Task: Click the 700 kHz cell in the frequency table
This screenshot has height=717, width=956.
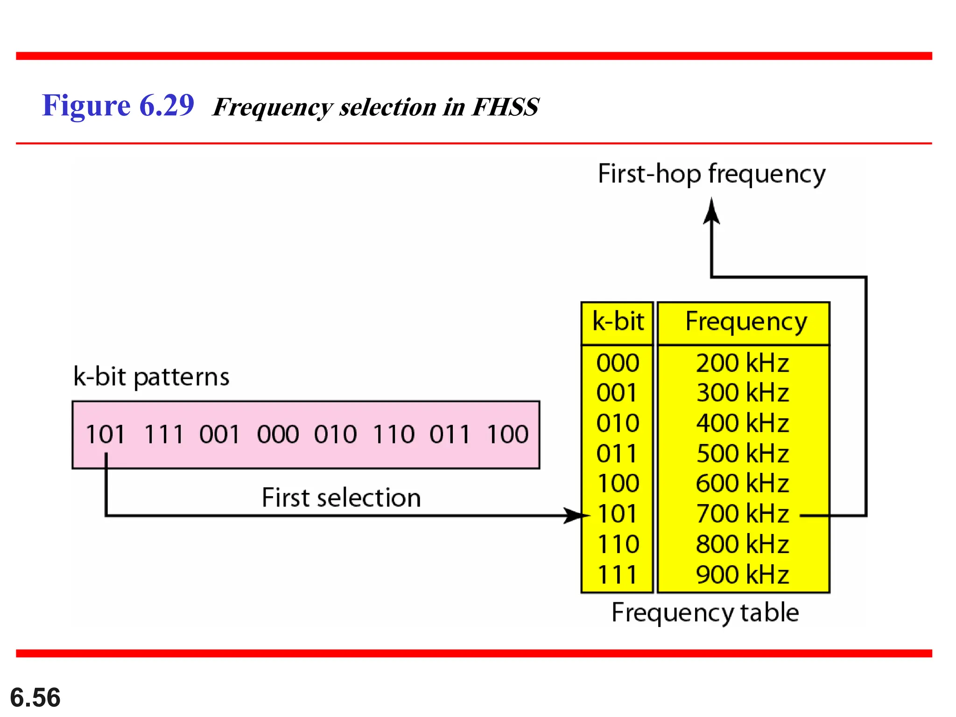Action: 742,514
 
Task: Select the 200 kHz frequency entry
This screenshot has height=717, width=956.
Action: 742,363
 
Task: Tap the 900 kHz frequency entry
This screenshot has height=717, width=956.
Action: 742,575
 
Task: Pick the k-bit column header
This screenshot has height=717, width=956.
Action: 618,322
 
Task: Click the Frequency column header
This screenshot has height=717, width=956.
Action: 745,323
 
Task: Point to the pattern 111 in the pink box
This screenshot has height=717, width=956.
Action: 164,435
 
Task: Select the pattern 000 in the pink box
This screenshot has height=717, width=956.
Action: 278,435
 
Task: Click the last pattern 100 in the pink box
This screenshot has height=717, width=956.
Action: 508,435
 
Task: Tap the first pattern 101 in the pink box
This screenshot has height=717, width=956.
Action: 106,435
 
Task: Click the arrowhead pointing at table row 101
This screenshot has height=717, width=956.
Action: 577,515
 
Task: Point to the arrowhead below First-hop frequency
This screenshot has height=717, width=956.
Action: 711,212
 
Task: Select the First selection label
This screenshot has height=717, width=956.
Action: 341,498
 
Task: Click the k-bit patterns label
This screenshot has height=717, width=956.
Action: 151,377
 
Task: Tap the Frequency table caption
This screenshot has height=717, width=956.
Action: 705,613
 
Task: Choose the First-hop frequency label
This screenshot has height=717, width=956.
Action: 711,174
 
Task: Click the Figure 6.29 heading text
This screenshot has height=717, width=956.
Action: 118,105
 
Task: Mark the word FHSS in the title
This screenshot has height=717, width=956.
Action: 505,107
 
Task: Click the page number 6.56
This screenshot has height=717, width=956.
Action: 35,697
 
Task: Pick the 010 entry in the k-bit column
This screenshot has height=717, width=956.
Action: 618,423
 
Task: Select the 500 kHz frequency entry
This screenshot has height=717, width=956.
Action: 742,454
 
